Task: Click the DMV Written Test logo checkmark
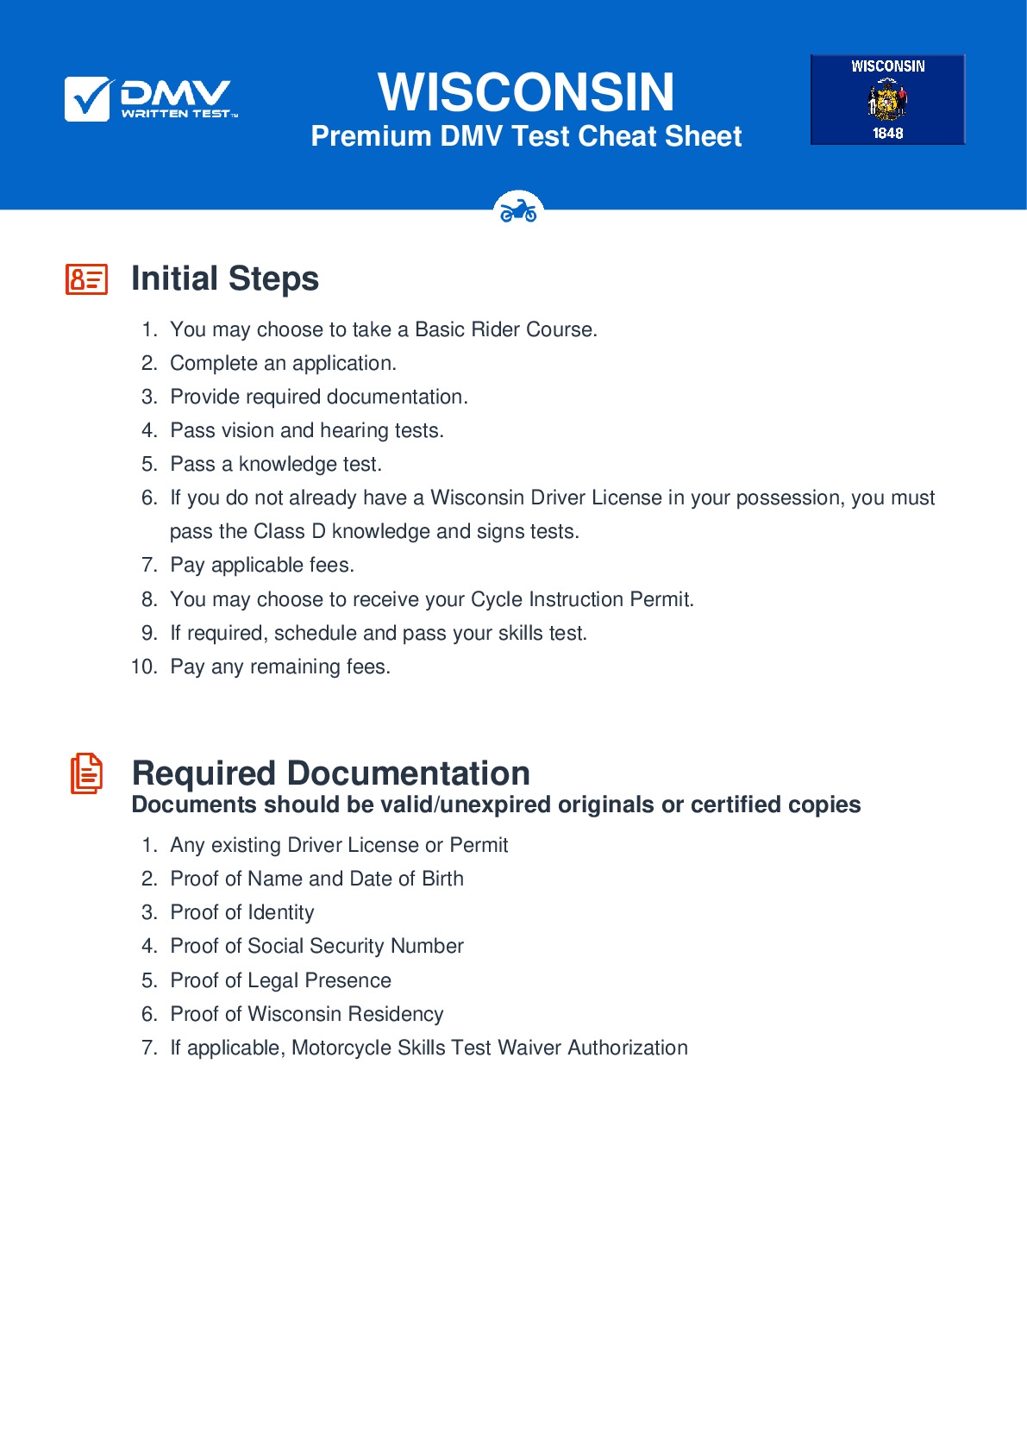tap(87, 98)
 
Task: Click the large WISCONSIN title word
tap(526, 92)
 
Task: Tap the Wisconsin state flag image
tap(887, 99)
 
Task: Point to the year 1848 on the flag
tap(887, 133)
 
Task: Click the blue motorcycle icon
tap(518, 210)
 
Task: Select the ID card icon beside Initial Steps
tap(87, 279)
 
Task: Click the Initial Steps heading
tap(224, 279)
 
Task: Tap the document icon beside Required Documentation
tap(86, 773)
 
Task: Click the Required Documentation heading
tap(330, 773)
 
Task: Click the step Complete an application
tap(283, 363)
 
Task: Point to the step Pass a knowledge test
tap(275, 464)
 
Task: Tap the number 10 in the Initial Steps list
tap(143, 667)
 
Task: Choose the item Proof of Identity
tap(241, 912)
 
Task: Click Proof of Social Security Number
tap(316, 946)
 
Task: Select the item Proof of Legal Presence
tap(280, 980)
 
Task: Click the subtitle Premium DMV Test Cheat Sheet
tap(526, 136)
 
